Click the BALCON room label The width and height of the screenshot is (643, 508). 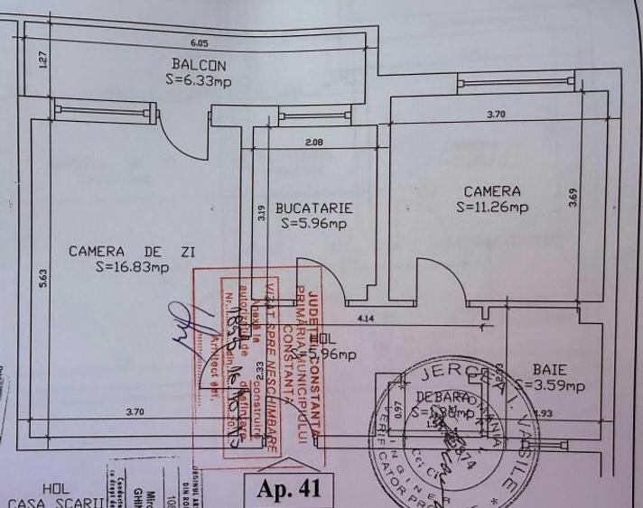(199, 65)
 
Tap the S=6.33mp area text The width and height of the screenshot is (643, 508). (200, 81)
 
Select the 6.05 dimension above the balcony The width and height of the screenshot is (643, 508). (200, 42)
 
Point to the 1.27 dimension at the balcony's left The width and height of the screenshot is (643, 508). (42, 61)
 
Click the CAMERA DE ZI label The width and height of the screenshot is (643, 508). (132, 251)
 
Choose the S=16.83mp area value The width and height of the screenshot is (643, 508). (132, 266)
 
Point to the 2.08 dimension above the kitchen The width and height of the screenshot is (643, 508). (313, 142)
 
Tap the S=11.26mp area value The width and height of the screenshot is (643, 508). (492, 207)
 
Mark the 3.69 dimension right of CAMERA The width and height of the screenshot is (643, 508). (573, 198)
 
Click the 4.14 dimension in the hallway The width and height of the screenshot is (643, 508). (366, 318)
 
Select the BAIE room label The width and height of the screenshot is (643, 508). (550, 369)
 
